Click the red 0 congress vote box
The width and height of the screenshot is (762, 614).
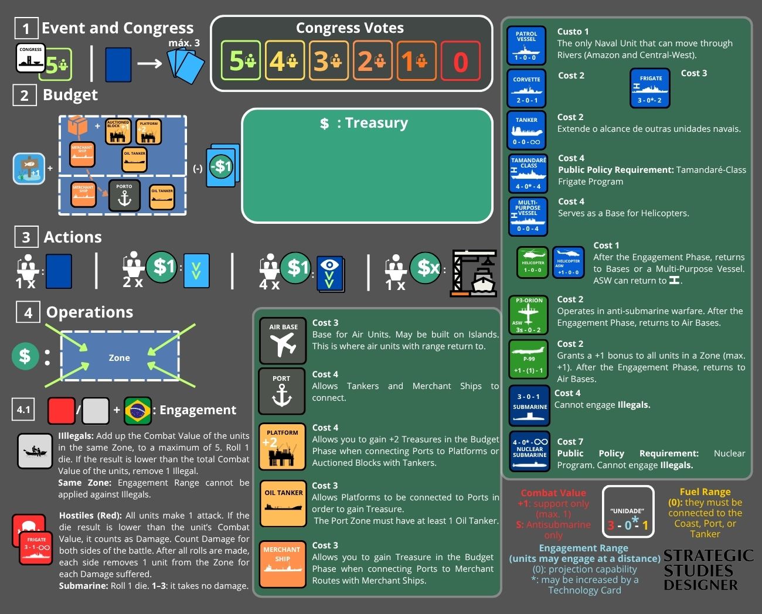coord(461,61)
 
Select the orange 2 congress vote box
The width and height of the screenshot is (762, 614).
coord(372,61)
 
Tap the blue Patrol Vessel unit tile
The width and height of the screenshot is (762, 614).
coord(526,45)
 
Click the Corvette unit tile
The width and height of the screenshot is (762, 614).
coord(526,88)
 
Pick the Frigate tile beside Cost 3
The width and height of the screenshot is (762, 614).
coord(650,88)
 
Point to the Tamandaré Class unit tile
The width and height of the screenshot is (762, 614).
coord(528,173)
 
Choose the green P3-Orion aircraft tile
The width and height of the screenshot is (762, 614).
coord(528,315)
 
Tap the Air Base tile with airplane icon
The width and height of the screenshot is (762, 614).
coord(283,340)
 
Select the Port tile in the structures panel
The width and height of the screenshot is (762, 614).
coord(282,391)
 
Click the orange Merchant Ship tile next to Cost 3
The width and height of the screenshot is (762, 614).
coord(282,564)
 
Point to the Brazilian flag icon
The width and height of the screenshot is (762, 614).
coord(138,410)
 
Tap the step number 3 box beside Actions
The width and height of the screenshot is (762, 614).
coord(26,237)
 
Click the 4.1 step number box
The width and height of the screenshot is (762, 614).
coord(23,410)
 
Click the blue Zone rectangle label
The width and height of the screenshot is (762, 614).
coord(120,358)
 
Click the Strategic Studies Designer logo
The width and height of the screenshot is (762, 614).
coord(708,569)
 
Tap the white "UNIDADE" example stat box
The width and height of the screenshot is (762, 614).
coord(628,512)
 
